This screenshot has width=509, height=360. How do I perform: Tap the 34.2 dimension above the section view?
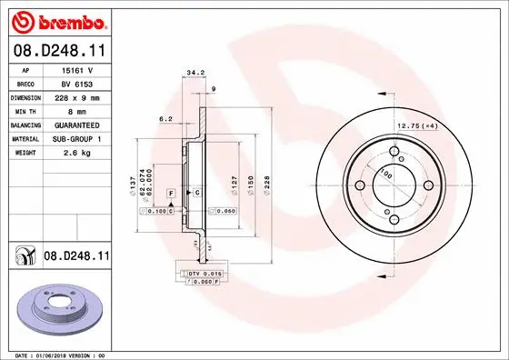coord(193,73)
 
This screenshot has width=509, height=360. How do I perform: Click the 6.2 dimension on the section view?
coord(165,119)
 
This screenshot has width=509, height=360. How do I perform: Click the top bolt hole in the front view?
coord(394,153)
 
